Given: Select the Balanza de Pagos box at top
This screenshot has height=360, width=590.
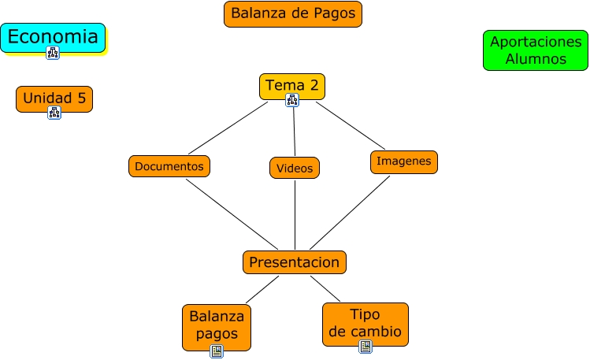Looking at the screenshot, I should (x=293, y=13).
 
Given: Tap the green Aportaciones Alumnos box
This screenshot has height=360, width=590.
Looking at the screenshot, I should (x=535, y=50).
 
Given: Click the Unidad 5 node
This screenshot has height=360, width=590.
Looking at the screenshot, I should (x=54, y=98).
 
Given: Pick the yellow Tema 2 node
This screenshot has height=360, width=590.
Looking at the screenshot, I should (x=291, y=84).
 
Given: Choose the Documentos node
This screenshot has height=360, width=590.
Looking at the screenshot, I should (x=169, y=166).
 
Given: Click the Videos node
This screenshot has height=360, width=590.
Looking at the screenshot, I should (x=295, y=168).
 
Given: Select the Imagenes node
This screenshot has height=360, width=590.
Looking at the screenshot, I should (x=403, y=161).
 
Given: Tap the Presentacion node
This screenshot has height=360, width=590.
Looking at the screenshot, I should (x=294, y=262).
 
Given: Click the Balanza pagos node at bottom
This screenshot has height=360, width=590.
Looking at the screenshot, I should (x=217, y=324).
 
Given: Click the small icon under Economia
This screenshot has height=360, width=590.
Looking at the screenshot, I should (x=53, y=53).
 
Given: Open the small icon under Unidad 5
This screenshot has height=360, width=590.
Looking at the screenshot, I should (x=54, y=113).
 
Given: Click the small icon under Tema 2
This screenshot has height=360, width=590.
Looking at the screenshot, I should (x=292, y=99).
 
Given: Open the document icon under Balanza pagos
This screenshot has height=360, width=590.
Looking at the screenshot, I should (x=217, y=351).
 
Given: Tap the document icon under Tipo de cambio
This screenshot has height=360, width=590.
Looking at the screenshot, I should (x=365, y=347).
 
